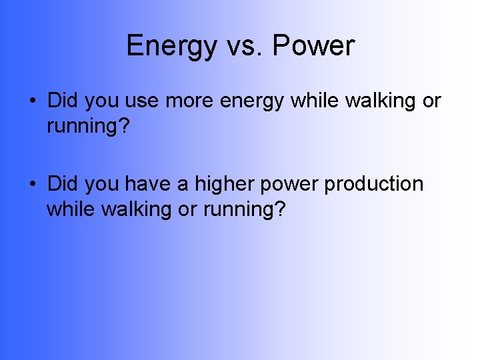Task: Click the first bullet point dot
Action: pyautogui.click(x=32, y=102)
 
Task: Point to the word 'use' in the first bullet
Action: pyautogui.click(x=144, y=101)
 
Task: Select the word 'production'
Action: pyautogui.click(x=374, y=184)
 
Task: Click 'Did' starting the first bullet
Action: pyautogui.click(x=63, y=101)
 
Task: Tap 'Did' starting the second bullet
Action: pyautogui.click(x=63, y=183)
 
